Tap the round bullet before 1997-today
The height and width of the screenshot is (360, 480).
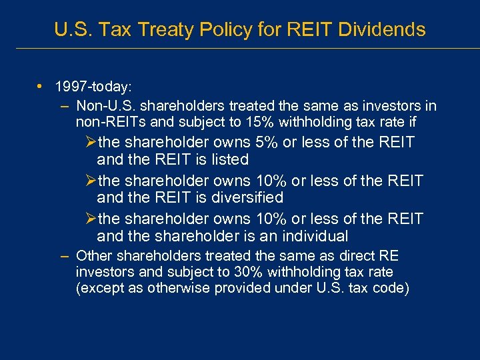41,87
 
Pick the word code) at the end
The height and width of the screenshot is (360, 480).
391,288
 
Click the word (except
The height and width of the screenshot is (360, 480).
99,288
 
